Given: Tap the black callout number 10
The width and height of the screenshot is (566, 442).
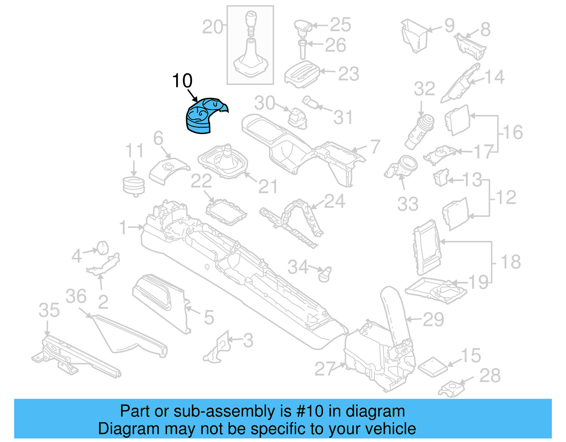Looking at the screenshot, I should (182, 81).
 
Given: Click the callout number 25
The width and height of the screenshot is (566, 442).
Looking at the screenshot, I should (340, 25).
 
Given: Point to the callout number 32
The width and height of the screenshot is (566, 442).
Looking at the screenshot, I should (424, 89).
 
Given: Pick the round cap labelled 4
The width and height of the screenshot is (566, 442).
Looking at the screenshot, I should (103, 248).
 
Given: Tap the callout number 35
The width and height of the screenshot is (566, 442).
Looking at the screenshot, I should (49, 310).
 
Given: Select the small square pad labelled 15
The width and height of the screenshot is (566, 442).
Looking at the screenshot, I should (432, 366).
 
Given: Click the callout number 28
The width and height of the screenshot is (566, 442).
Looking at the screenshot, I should (490, 375).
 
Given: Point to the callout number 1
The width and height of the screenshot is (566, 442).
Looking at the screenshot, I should (123, 227).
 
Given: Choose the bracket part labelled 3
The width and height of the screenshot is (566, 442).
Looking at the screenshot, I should (218, 349).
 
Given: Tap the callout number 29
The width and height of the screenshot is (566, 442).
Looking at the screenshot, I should (433, 320).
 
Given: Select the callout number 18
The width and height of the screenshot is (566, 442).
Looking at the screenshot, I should (510, 262).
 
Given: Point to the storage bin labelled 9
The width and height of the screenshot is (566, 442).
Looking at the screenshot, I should (415, 35).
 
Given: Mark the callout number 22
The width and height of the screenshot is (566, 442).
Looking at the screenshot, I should (201, 181).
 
